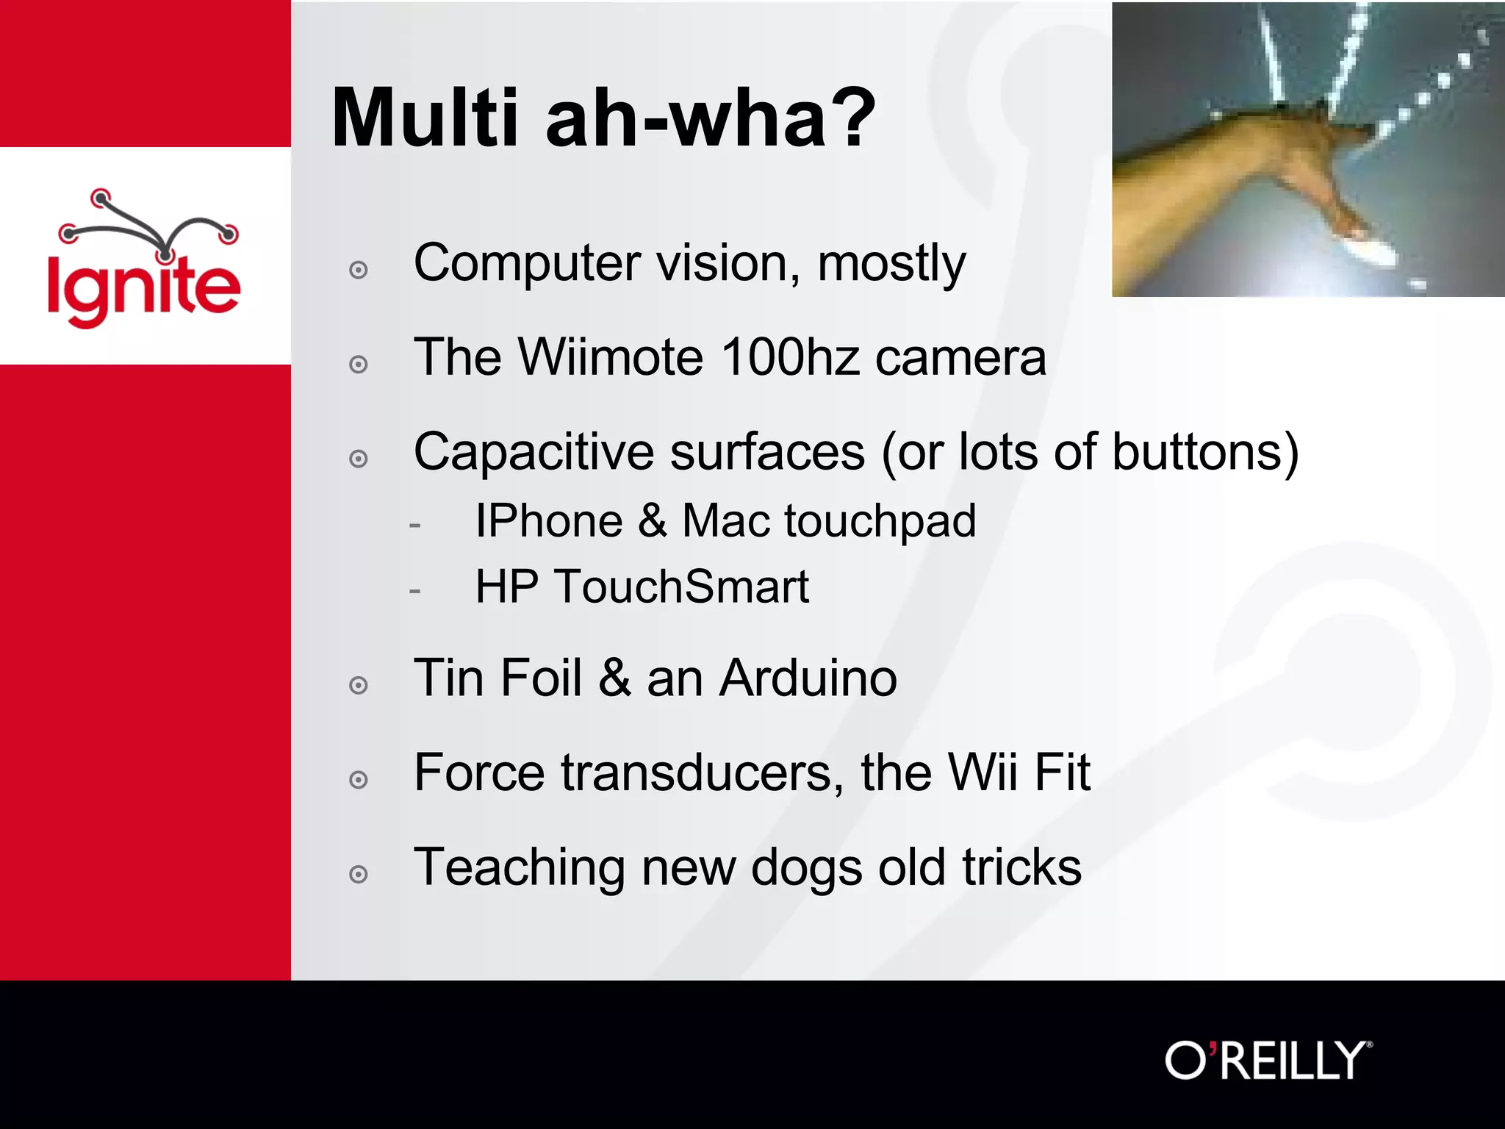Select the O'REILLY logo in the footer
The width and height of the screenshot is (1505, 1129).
pyautogui.click(x=1268, y=1061)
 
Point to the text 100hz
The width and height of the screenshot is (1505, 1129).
pyautogui.click(x=790, y=357)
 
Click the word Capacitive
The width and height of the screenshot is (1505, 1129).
pyautogui.click(x=534, y=451)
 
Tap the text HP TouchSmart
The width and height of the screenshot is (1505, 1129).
pyautogui.click(x=642, y=587)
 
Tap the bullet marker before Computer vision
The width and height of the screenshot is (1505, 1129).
pyautogui.click(x=359, y=270)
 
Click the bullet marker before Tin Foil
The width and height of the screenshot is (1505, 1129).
pyautogui.click(x=359, y=685)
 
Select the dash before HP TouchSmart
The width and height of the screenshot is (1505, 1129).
pyautogui.click(x=415, y=590)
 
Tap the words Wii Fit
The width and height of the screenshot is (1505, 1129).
pyautogui.click(x=1019, y=773)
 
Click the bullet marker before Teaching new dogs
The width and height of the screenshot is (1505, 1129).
pyautogui.click(x=359, y=874)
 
